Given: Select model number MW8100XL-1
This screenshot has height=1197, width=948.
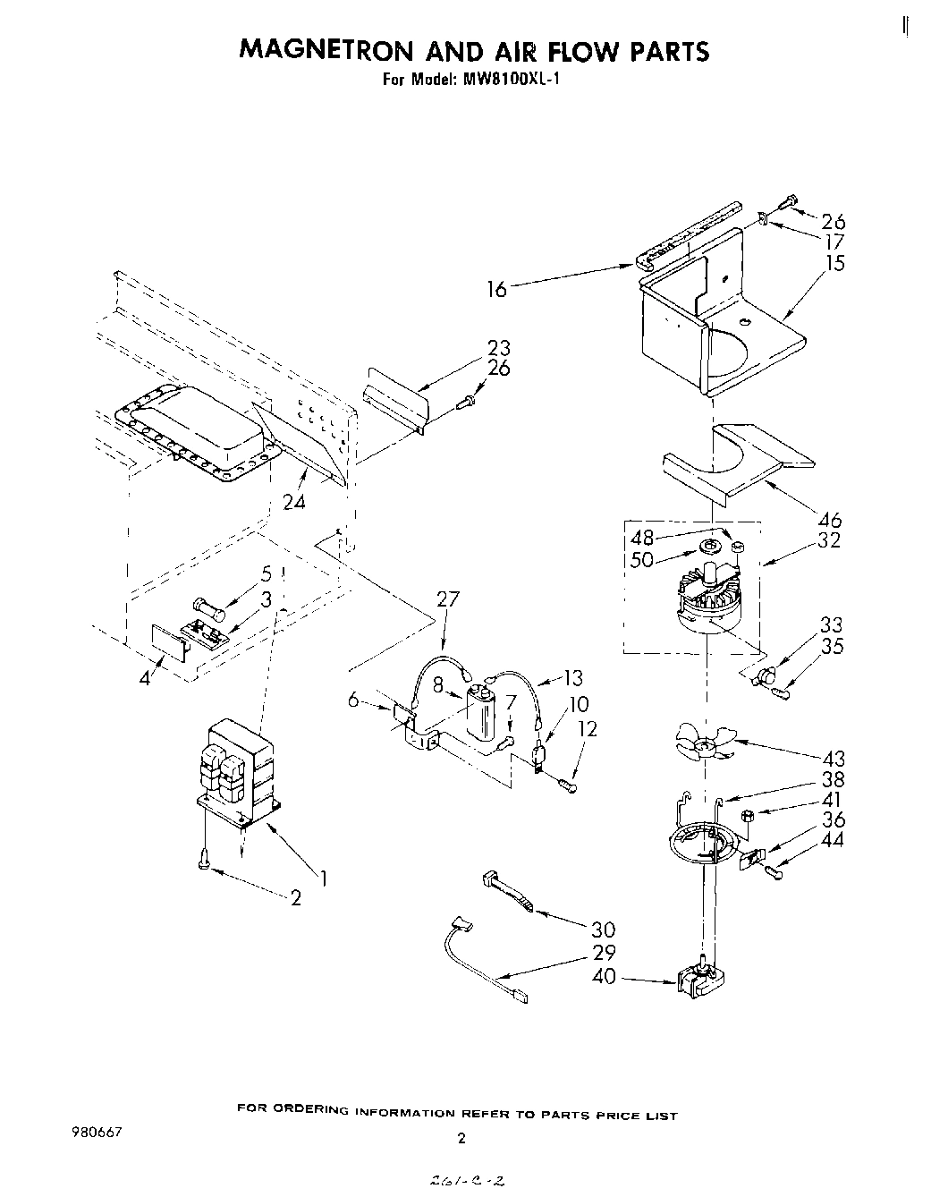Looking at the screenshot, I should pos(512,79).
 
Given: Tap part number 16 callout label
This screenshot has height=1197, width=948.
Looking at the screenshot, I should pos(496,288).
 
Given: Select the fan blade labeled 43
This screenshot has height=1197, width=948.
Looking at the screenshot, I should pos(705,742).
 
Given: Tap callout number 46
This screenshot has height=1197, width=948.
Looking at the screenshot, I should pos(831,520).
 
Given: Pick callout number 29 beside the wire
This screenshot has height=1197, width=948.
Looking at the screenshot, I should pos(605,954).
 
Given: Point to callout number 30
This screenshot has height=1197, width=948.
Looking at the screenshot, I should pos(605,930).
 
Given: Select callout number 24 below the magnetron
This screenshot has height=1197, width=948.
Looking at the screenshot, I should pos(293,502).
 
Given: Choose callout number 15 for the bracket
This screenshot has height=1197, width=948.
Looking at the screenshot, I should pos(834,263).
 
